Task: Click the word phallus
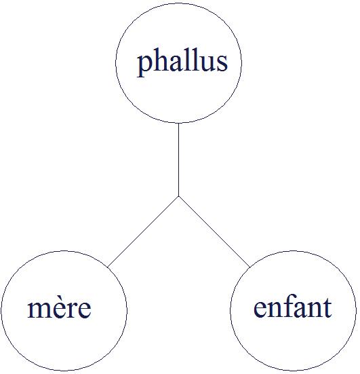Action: click(x=182, y=62)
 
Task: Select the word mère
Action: click(x=60, y=307)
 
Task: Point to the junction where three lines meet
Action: click(x=179, y=196)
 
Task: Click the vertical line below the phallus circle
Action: click(x=179, y=160)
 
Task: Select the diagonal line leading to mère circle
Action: click(x=143, y=231)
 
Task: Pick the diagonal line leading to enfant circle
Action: click(x=214, y=231)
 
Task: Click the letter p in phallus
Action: click(x=145, y=65)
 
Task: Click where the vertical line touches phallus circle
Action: click(x=179, y=123)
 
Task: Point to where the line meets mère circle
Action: click(x=108, y=267)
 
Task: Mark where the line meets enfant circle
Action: click(x=249, y=267)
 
